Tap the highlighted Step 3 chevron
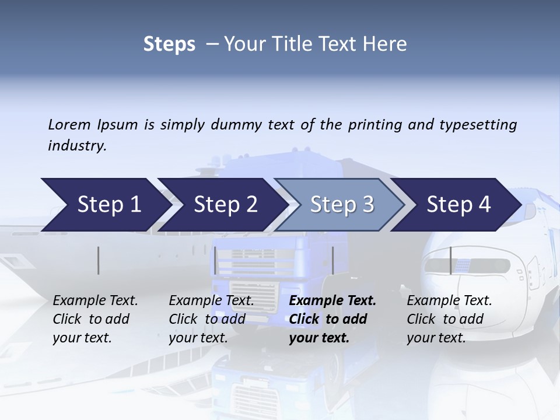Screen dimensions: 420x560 (342, 205)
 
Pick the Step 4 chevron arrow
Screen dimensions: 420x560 (459, 205)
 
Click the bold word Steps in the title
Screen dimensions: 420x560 (169, 44)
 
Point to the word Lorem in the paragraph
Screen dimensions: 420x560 (69, 124)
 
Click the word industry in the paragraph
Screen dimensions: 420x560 (76, 145)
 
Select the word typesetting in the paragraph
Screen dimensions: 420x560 (479, 124)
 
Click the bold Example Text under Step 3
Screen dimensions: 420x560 (332, 301)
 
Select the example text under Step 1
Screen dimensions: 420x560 (94, 319)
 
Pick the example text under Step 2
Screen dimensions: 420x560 (211, 319)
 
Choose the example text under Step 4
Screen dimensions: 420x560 (449, 319)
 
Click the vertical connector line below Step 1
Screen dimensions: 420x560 (98, 260)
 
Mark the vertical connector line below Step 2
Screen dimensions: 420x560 (215, 260)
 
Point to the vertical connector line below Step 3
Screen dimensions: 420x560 (332, 260)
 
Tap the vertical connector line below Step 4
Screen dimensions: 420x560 (450, 260)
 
